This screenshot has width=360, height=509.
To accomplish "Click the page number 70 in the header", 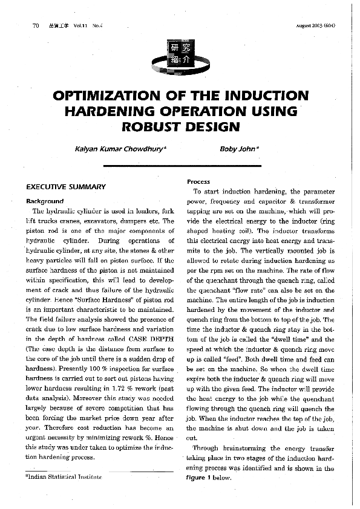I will (x=35, y=27).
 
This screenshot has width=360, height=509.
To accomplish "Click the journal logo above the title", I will (x=180, y=55).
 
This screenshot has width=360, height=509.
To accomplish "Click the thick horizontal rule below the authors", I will (x=180, y=166).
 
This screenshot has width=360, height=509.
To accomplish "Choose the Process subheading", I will (x=198, y=181).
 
